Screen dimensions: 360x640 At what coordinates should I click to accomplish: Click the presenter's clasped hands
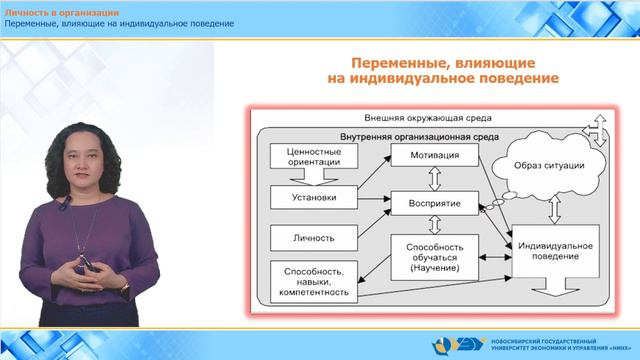[x=84, y=266]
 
